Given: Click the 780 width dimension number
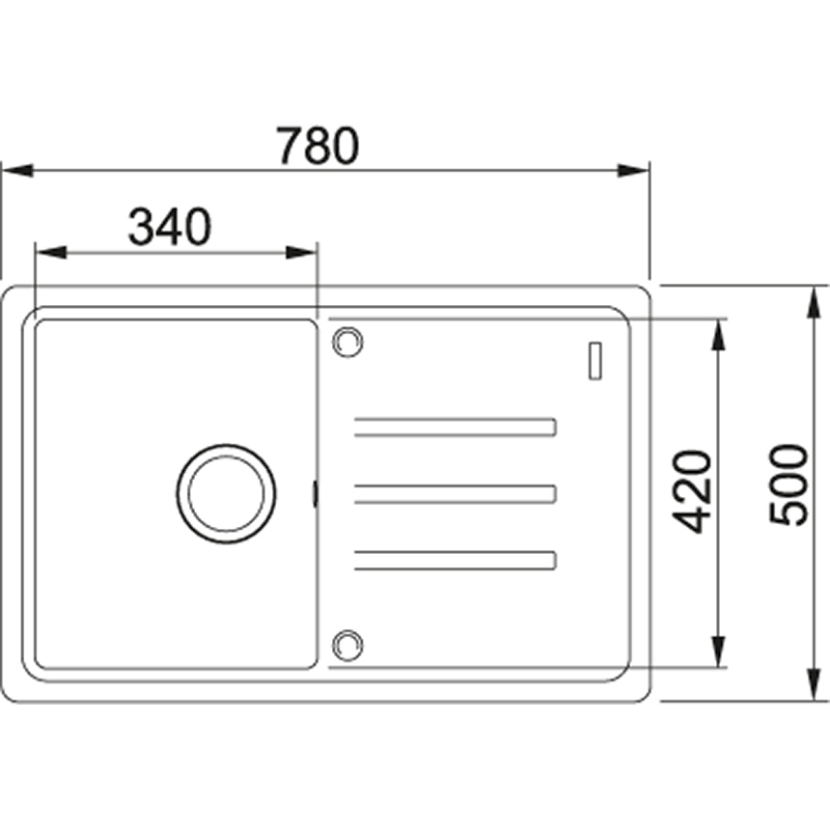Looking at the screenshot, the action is pos(318,145).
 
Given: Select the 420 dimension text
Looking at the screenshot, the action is pos(692,491).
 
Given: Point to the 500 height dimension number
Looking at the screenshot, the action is pos(788,484).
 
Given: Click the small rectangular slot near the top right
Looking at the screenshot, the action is pos(595,361).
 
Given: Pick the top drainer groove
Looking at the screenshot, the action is pos(456,428).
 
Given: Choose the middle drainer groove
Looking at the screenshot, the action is pos(456,494).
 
